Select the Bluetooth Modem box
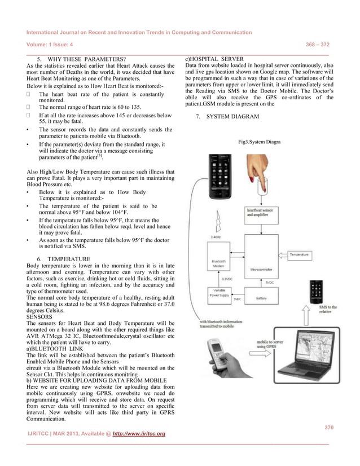218,265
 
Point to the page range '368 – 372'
317,45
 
